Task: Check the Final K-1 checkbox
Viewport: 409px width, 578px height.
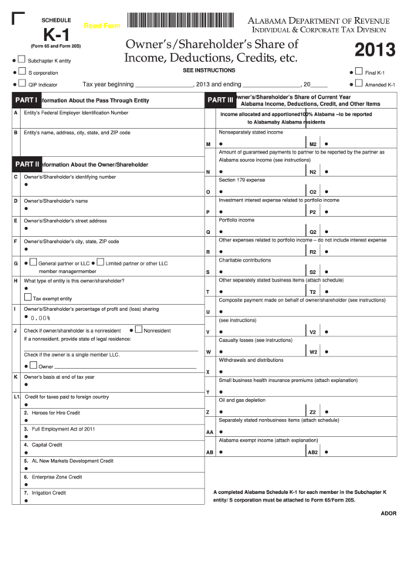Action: click(x=359, y=72)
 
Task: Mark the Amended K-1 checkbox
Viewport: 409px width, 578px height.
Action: click(x=359, y=84)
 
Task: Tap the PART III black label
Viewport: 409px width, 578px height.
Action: click(x=220, y=100)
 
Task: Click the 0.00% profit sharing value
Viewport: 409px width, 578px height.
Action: click(x=41, y=317)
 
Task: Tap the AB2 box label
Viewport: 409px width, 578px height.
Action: click(x=313, y=452)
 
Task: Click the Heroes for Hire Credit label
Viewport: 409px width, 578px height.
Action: click(x=56, y=413)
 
